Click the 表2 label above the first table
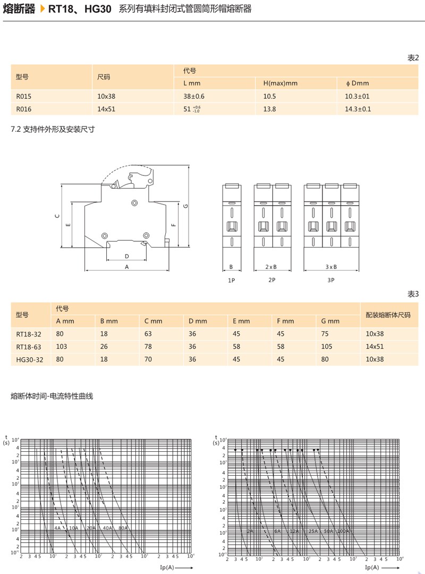[413, 58]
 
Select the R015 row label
[24, 96]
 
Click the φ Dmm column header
[357, 83]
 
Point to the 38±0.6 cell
[194, 96]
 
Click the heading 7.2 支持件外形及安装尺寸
[53, 129]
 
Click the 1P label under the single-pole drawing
[232, 280]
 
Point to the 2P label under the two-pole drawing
[272, 280]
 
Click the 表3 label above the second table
[413, 294]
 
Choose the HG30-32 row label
[29, 359]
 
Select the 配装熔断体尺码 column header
[388, 315]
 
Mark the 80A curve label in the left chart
[123, 528]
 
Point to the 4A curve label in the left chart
[57, 528]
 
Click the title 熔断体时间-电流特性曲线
[52, 396]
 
